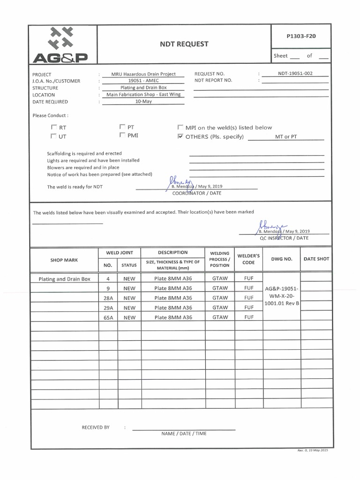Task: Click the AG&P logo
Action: pos(60,45)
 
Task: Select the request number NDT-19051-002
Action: pos(295,74)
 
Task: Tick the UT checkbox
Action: pos(54,136)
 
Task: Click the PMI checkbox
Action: pos(122,135)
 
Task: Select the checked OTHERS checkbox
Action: pos(180,137)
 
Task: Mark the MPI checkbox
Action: pos(180,127)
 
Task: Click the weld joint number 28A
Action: pos(108,298)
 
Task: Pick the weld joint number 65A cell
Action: pos(108,317)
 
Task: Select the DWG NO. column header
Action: pos(282,259)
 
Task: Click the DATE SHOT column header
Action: pos(316,259)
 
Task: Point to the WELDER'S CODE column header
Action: pos(248,259)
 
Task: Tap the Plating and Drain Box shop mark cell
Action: pos(64,279)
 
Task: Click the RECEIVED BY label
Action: pos(96,427)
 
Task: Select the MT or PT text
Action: pos(286,137)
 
